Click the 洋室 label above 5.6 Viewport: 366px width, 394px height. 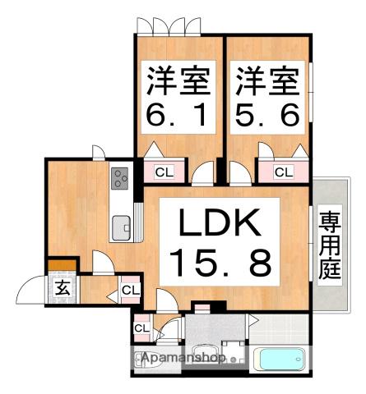click(268, 82)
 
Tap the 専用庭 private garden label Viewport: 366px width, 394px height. click(330, 246)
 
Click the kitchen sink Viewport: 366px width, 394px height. click(121, 224)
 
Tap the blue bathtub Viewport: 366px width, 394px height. click(280, 360)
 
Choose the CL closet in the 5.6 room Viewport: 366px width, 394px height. click(283, 172)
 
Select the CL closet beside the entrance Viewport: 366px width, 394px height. click(130, 290)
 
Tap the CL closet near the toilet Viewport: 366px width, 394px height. click(141, 328)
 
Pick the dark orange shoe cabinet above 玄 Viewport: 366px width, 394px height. click(62, 265)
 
